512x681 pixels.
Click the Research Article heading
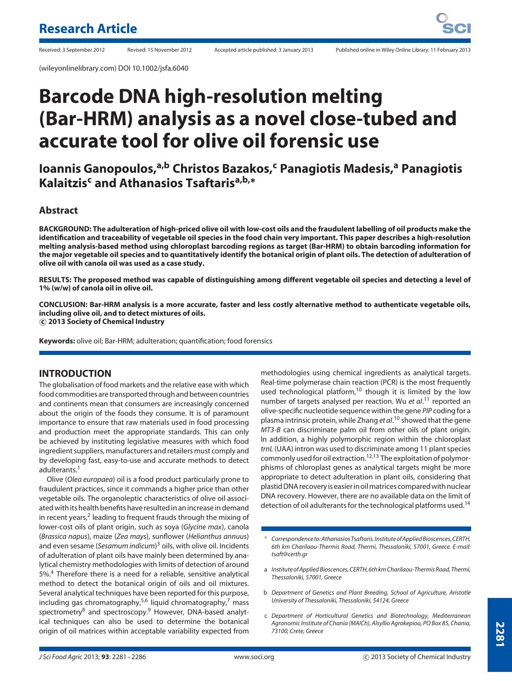pos(88,29)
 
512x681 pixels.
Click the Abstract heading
pos(58,210)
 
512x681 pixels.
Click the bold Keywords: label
pos(57,341)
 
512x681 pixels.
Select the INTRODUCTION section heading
pos(75,374)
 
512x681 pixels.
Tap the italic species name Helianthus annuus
pos(218,536)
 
